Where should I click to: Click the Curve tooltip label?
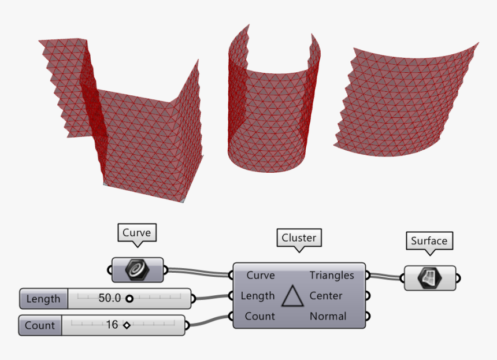[x=136, y=233]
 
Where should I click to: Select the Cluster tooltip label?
[x=299, y=237]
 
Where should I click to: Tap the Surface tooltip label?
[x=429, y=241]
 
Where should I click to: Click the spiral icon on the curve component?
[x=137, y=270]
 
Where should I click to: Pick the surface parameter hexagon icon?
[x=430, y=279]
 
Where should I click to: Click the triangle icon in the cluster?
[x=292, y=296]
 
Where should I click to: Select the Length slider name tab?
[x=43, y=299]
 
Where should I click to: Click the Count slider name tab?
[x=40, y=325]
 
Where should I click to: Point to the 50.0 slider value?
[x=109, y=298]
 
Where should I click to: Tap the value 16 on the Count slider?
[x=112, y=325]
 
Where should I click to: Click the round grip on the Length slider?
[x=129, y=299]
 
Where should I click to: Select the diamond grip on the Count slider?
[x=127, y=325]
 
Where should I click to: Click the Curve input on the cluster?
[x=261, y=275]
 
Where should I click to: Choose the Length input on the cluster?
[x=257, y=296]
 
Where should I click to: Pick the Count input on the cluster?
[x=259, y=316]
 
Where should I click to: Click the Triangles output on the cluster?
[x=332, y=275]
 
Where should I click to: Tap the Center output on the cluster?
[x=326, y=296]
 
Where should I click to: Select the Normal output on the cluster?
[x=328, y=316]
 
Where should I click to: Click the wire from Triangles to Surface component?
[x=385, y=276]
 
